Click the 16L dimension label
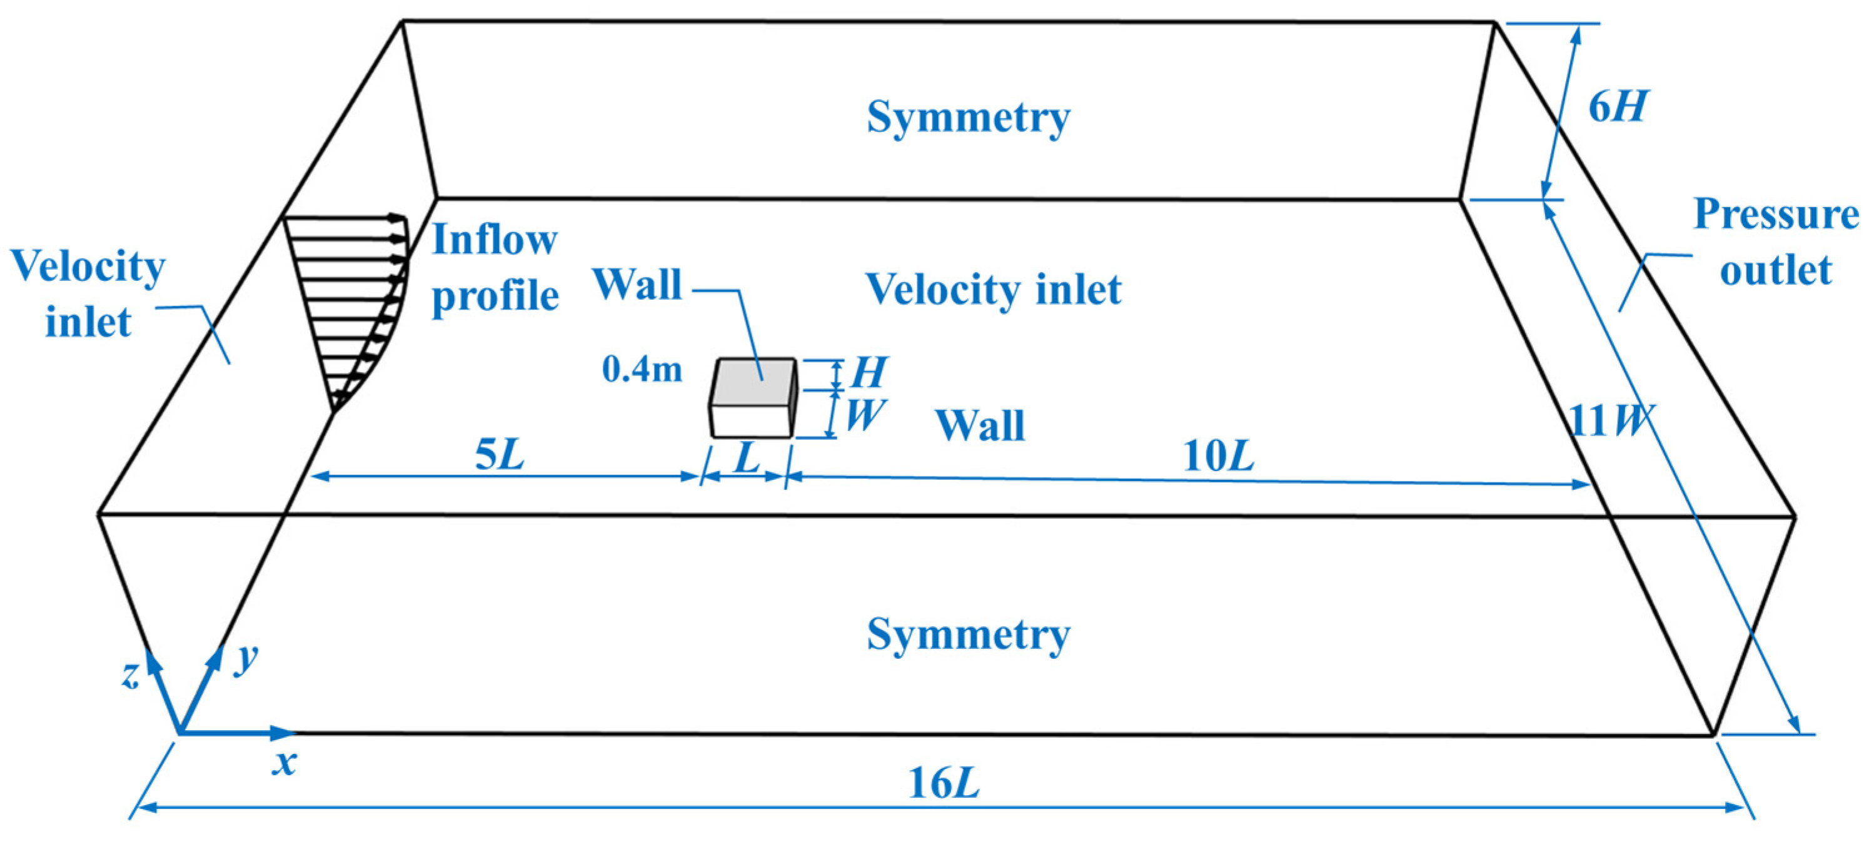pos(944,783)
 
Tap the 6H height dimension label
pos(1616,107)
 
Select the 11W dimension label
pos(1610,420)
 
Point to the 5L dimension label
pos(499,455)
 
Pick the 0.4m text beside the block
pos(642,370)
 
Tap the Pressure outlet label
pos(1775,242)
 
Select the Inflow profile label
pos(495,268)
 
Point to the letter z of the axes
pos(129,675)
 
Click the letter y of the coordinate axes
pos(246,658)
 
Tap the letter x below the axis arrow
pos(284,764)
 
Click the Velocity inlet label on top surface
pos(993,290)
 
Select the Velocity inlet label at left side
pos(88,294)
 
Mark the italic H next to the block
pos(869,372)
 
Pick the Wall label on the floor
pos(980,425)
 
